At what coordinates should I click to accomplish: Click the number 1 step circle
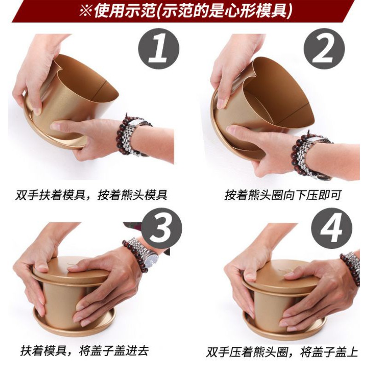coord(159,49)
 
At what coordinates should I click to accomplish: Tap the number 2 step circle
coord(324,49)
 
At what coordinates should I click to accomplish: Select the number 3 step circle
coord(162,228)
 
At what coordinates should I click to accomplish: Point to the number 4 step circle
coord(332,228)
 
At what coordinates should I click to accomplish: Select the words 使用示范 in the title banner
coord(125,11)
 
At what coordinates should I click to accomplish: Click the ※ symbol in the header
coord(86,11)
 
